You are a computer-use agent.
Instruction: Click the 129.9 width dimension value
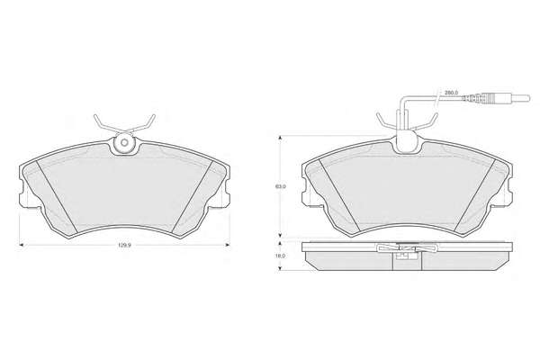[123, 246]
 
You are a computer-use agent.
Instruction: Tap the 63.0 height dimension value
[281, 186]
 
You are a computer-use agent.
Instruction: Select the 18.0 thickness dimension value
[281, 256]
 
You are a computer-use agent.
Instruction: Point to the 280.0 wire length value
[451, 93]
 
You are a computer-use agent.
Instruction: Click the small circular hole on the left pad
[124, 142]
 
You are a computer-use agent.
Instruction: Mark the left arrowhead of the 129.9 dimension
[21, 245]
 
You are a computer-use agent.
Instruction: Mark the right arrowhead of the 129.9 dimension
[228, 245]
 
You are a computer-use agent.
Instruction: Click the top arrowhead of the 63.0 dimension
[281, 138]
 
